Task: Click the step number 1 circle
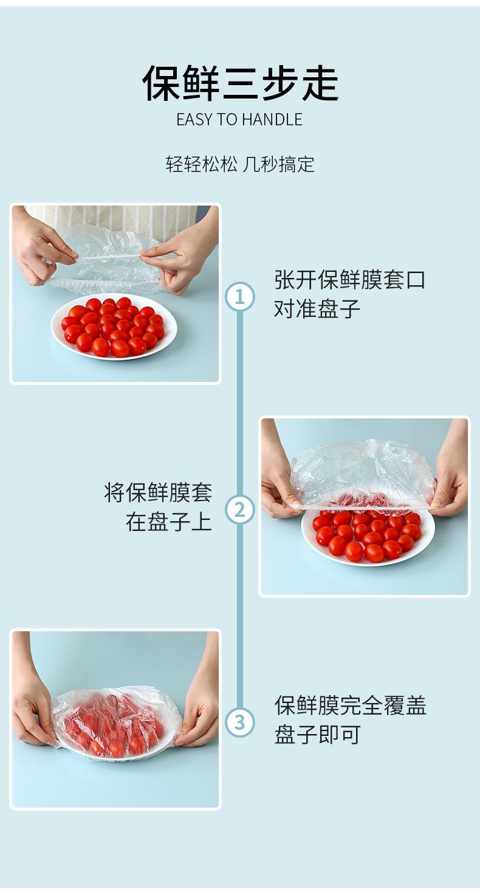(x=239, y=297)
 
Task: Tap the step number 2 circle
(x=239, y=510)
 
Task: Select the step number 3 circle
(x=239, y=722)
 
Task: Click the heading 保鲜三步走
(x=241, y=83)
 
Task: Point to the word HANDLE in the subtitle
(x=272, y=120)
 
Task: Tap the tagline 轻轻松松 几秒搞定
(x=240, y=164)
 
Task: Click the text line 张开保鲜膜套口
(x=350, y=279)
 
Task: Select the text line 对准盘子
(x=317, y=308)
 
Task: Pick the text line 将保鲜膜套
(x=158, y=492)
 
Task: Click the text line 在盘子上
(x=169, y=521)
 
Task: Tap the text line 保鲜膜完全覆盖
(x=350, y=705)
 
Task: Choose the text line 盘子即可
(x=317, y=735)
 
